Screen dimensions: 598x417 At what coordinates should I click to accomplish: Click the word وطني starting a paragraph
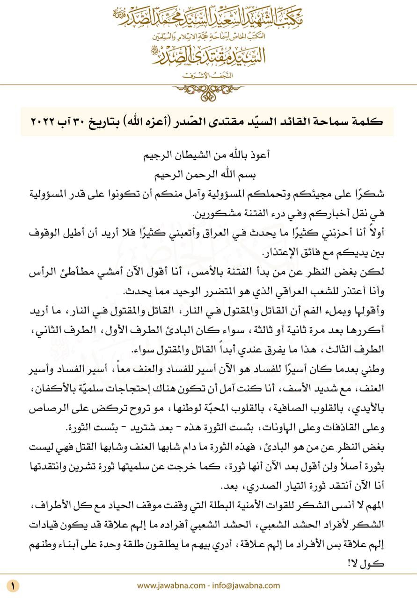374,369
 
